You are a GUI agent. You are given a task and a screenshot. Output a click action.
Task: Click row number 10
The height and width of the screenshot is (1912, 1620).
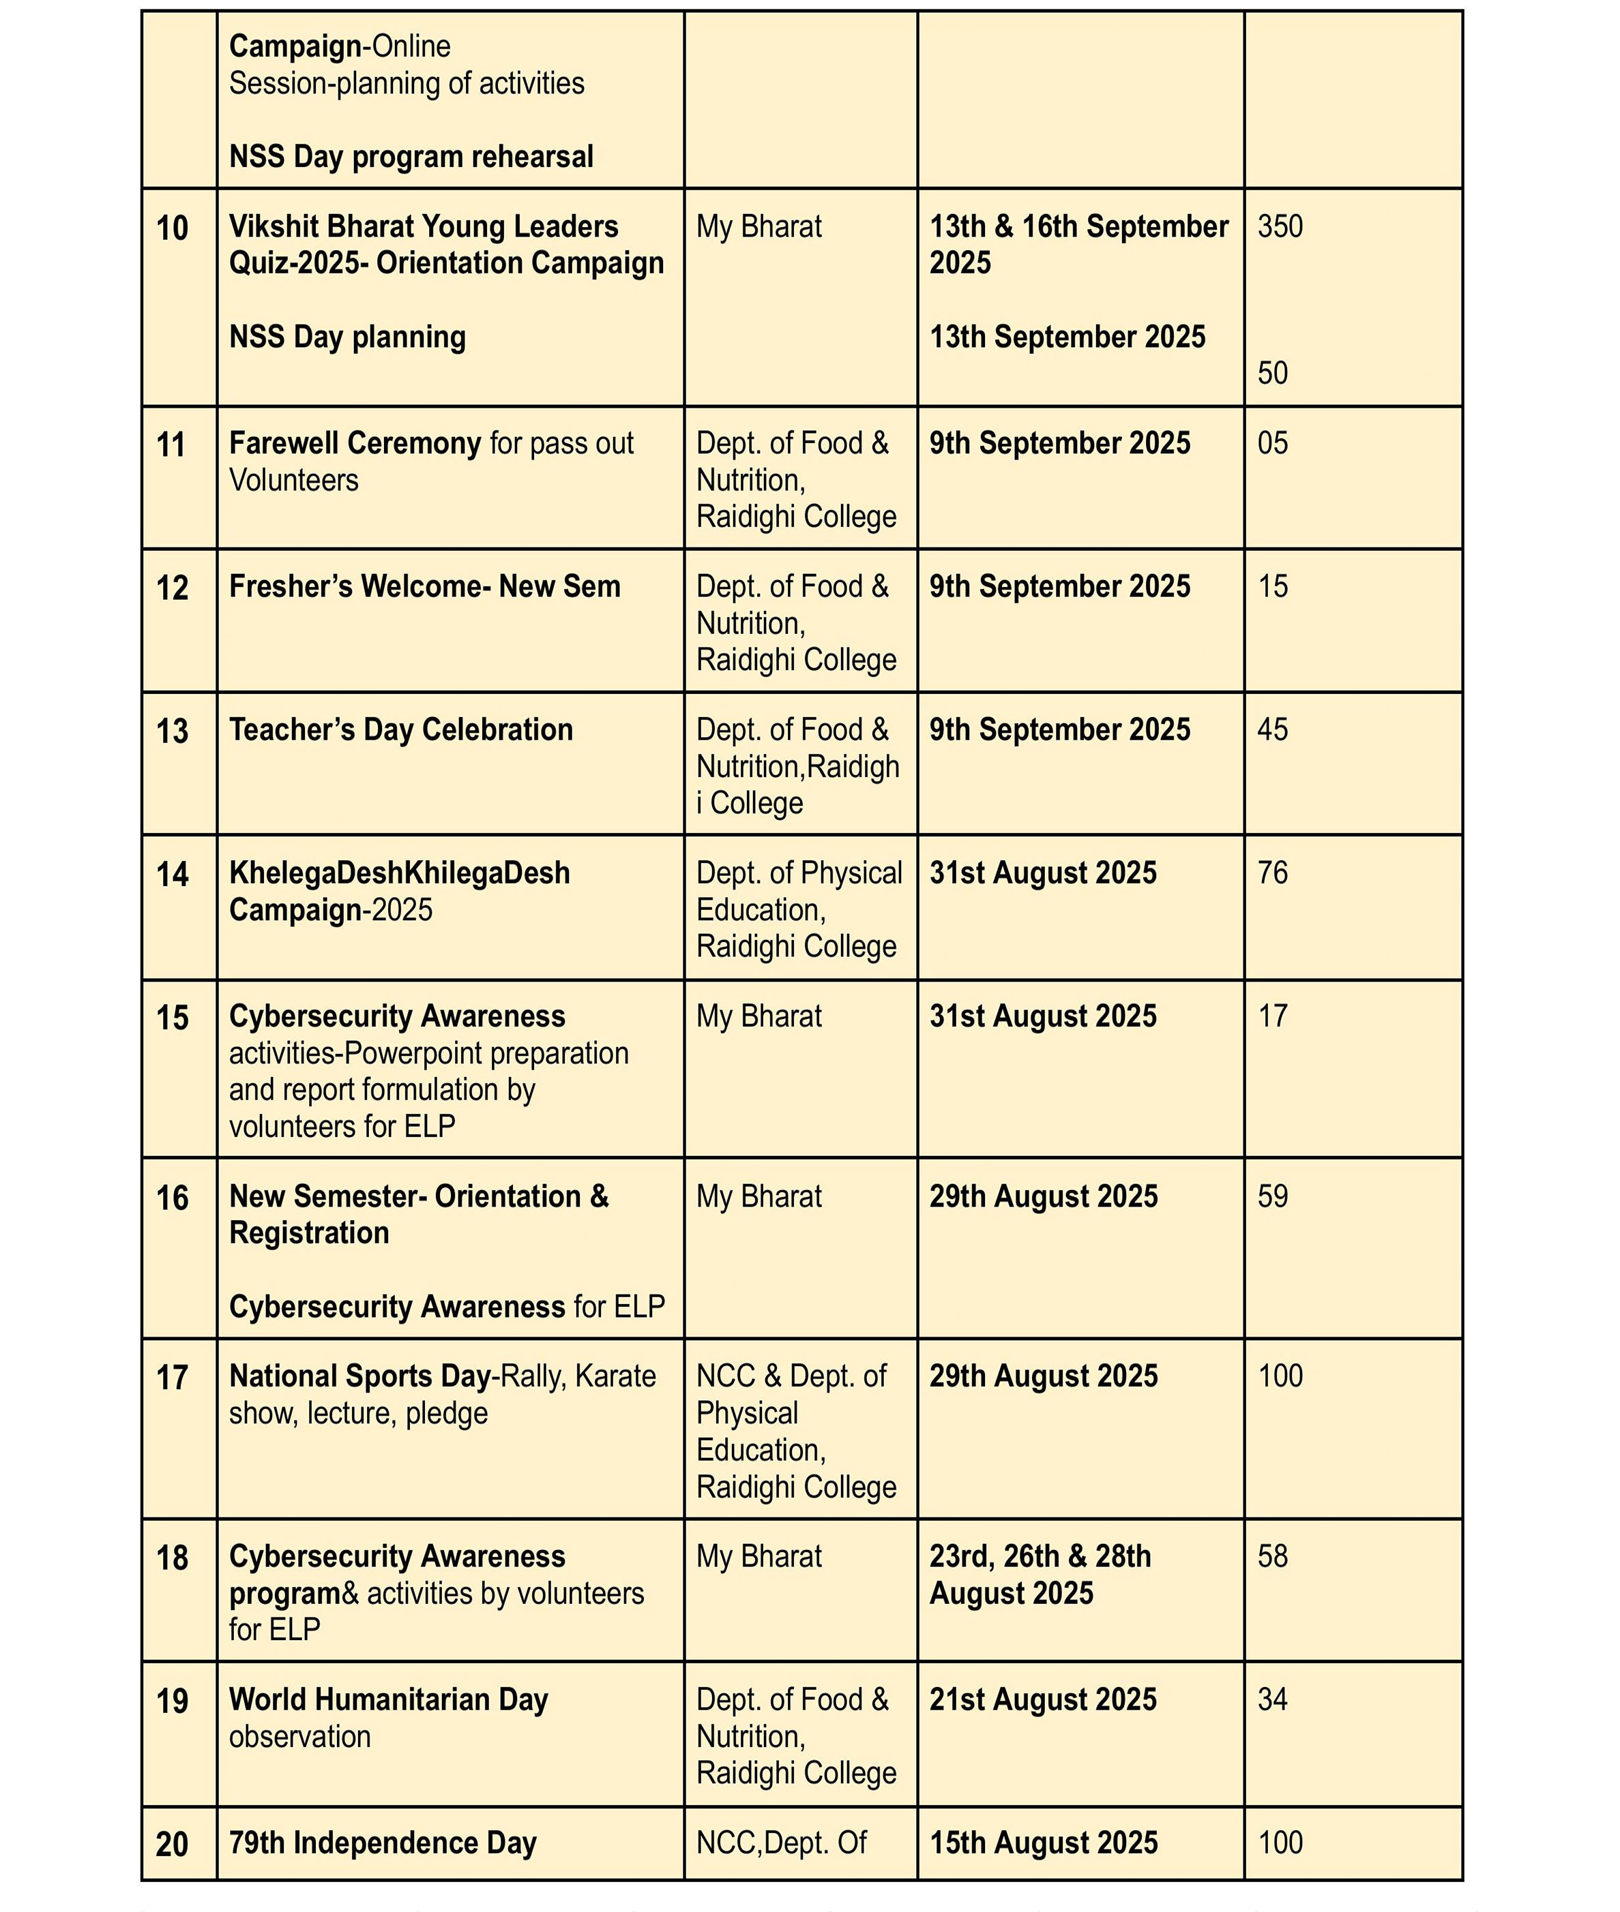(x=172, y=228)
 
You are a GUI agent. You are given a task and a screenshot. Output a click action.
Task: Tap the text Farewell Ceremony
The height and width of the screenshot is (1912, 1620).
(x=355, y=443)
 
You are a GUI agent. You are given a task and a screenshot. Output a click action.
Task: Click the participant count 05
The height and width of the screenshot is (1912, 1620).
(x=1272, y=443)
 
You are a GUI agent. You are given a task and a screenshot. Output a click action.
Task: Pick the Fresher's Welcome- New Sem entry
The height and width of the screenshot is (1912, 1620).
(x=424, y=586)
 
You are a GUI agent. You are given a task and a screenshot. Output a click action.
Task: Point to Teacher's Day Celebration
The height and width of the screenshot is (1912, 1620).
(x=400, y=730)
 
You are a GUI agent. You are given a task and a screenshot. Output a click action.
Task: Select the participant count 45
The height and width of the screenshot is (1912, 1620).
(x=1272, y=730)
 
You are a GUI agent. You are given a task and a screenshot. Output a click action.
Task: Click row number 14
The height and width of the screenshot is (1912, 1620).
(x=172, y=874)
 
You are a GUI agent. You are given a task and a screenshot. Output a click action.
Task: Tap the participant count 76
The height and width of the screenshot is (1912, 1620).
(x=1272, y=873)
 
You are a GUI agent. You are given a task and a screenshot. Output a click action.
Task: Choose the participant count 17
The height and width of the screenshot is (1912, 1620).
(x=1272, y=1016)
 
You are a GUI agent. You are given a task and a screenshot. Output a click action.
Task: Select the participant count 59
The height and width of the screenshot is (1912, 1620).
(x=1272, y=1196)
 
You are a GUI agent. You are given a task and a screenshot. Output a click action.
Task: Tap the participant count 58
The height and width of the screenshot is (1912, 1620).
(x=1272, y=1556)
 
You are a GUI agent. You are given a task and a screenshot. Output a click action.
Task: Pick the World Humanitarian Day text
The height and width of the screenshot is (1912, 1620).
(x=389, y=1699)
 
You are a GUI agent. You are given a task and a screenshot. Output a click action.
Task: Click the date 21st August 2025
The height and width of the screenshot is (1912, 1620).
(x=1042, y=1699)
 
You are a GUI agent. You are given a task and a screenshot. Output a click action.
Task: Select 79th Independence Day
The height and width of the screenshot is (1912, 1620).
(x=382, y=1842)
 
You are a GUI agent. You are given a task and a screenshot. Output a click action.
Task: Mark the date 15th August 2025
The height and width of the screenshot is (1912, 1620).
(x=1043, y=1842)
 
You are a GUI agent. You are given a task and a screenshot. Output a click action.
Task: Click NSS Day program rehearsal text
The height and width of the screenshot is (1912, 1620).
(x=411, y=157)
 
